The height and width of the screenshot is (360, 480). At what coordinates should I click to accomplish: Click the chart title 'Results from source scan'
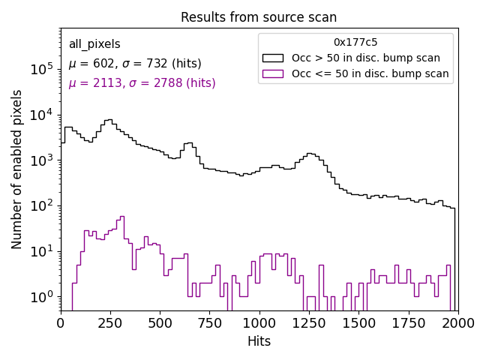click(x=259, y=17)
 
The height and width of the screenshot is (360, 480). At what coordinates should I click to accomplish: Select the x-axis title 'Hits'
click(x=259, y=341)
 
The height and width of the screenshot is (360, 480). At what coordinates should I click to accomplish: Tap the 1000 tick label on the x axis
click(x=259, y=323)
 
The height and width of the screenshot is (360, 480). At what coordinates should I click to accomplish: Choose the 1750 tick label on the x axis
click(x=408, y=323)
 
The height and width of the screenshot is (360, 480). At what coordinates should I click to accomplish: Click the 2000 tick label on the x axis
click(x=457, y=323)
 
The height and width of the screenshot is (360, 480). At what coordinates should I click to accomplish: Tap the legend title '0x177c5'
click(x=355, y=42)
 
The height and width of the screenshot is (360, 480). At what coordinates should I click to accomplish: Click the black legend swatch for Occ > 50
click(x=274, y=58)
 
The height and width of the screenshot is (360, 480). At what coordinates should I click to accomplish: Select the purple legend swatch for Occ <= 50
click(x=274, y=73)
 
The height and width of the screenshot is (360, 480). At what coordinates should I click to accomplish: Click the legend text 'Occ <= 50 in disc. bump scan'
click(x=370, y=73)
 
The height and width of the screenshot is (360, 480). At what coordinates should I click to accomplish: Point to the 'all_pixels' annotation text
click(x=94, y=44)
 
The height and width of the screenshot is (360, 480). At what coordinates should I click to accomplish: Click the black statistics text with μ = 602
click(x=135, y=64)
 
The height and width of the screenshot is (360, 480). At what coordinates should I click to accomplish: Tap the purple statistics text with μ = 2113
click(x=142, y=83)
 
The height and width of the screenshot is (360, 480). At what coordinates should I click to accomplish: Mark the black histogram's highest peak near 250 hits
click(x=109, y=119)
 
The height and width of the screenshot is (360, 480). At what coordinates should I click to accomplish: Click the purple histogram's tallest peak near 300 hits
click(x=121, y=217)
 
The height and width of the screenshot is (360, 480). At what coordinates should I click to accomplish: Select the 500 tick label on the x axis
click(x=160, y=323)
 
